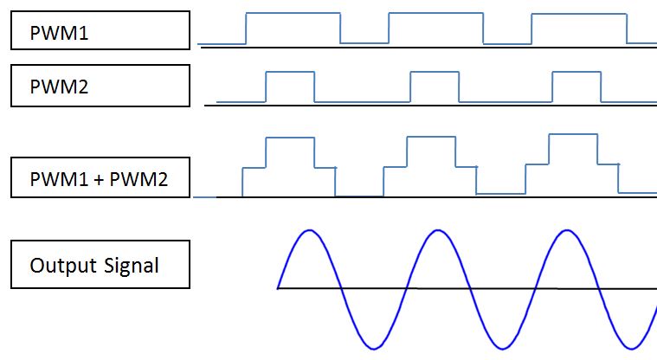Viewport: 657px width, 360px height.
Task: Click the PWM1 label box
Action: [x=100, y=30]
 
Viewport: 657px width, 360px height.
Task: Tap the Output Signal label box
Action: [x=100, y=264]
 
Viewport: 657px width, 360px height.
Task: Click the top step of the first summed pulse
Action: [x=290, y=138]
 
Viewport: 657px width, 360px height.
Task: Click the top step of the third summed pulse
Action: [x=573, y=134]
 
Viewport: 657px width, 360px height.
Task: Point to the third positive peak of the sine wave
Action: [x=566, y=230]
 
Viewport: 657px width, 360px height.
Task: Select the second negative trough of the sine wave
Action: [x=502, y=349]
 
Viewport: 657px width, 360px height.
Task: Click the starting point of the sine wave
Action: [x=278, y=286]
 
